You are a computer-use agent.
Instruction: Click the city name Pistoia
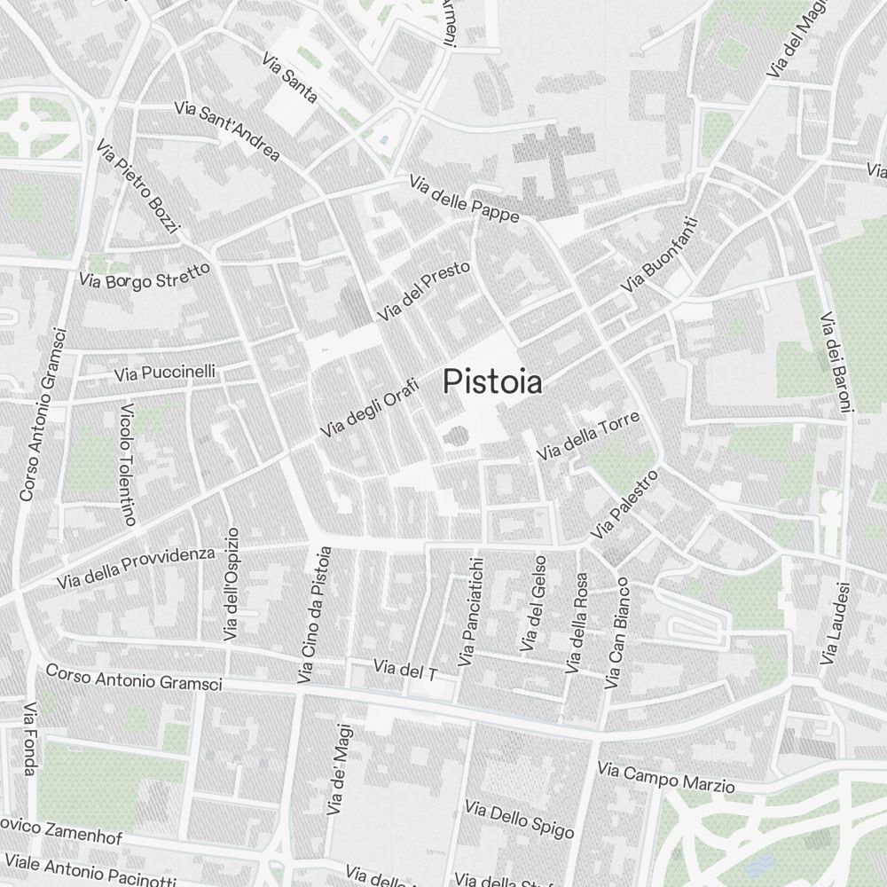point(492,382)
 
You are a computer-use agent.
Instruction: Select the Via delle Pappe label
point(464,199)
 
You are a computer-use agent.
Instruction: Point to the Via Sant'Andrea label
point(227,131)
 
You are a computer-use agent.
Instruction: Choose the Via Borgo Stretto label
point(145,275)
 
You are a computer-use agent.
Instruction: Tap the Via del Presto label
point(423,291)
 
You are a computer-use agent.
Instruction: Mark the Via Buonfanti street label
point(660,256)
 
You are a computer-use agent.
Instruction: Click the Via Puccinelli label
point(164,373)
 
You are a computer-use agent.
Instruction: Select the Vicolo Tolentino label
point(128,466)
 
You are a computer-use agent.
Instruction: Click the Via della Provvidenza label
point(136,568)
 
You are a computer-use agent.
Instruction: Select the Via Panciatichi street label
point(470,612)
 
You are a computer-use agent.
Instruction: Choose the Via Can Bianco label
point(616,633)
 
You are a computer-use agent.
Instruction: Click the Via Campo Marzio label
point(666,777)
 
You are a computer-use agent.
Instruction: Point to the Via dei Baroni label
point(836,362)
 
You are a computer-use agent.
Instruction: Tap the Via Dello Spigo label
point(519,820)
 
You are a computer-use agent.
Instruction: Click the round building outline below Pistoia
point(455,436)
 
